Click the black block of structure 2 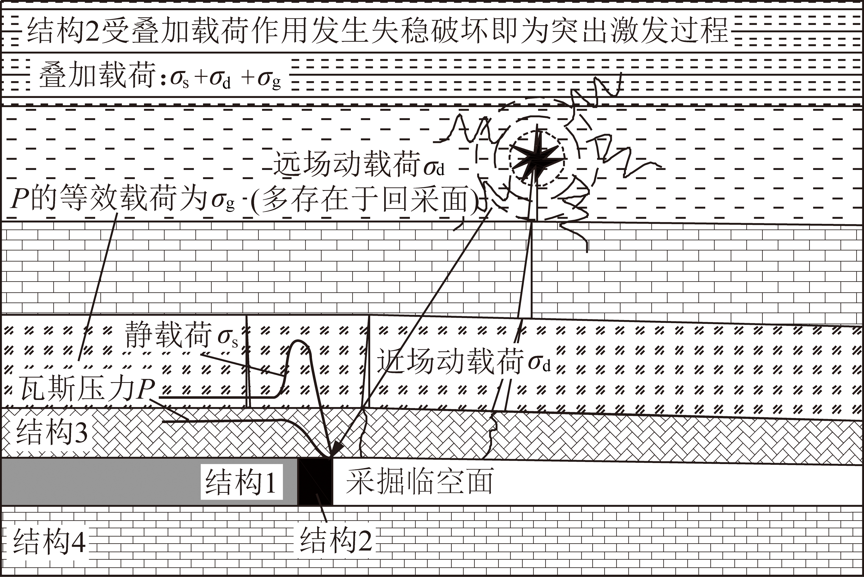315,481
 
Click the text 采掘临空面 420,481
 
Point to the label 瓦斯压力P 88,388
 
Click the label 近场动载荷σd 464,361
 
